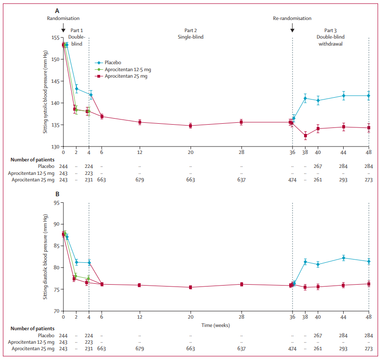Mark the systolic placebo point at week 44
click(343, 95)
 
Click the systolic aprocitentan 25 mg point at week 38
click(305, 136)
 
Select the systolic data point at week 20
click(190, 126)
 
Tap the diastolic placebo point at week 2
click(76, 262)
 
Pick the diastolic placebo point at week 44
click(343, 258)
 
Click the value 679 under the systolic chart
click(140, 180)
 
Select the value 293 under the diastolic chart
click(343, 348)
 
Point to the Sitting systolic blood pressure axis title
click(46, 98)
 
